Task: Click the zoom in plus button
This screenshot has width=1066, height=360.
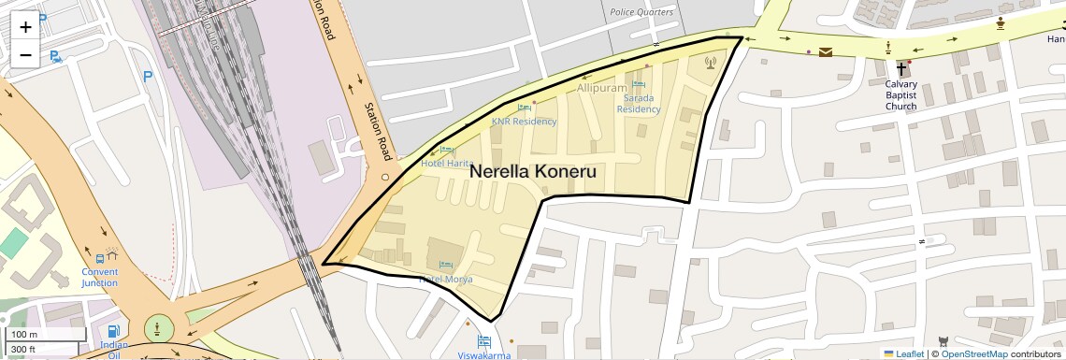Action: [x=25, y=26]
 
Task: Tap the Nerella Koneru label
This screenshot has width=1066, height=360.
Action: [x=532, y=172]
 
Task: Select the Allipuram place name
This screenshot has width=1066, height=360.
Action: [x=601, y=88]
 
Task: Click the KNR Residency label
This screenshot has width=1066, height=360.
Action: [x=524, y=122]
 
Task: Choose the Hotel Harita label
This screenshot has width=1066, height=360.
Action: [x=446, y=163]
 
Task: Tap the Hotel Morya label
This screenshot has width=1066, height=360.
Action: [x=445, y=280]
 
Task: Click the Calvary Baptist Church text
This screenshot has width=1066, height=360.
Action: [x=901, y=94]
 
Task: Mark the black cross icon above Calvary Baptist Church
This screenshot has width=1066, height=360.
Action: [x=902, y=69]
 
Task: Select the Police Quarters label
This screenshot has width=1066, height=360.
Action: [x=641, y=12]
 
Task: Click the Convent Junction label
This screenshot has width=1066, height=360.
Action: [x=99, y=277]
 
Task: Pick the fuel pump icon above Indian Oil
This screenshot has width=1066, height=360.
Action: [x=113, y=330]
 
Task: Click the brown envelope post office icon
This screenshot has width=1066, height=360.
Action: [x=826, y=52]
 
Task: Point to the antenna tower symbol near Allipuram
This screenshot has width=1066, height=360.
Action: [x=709, y=64]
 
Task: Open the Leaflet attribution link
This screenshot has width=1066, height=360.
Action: [x=903, y=353]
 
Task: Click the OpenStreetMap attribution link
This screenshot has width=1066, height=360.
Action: [x=973, y=353]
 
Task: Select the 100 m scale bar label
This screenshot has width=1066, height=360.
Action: [x=24, y=335]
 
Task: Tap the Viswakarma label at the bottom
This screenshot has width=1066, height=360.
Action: [x=483, y=355]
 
